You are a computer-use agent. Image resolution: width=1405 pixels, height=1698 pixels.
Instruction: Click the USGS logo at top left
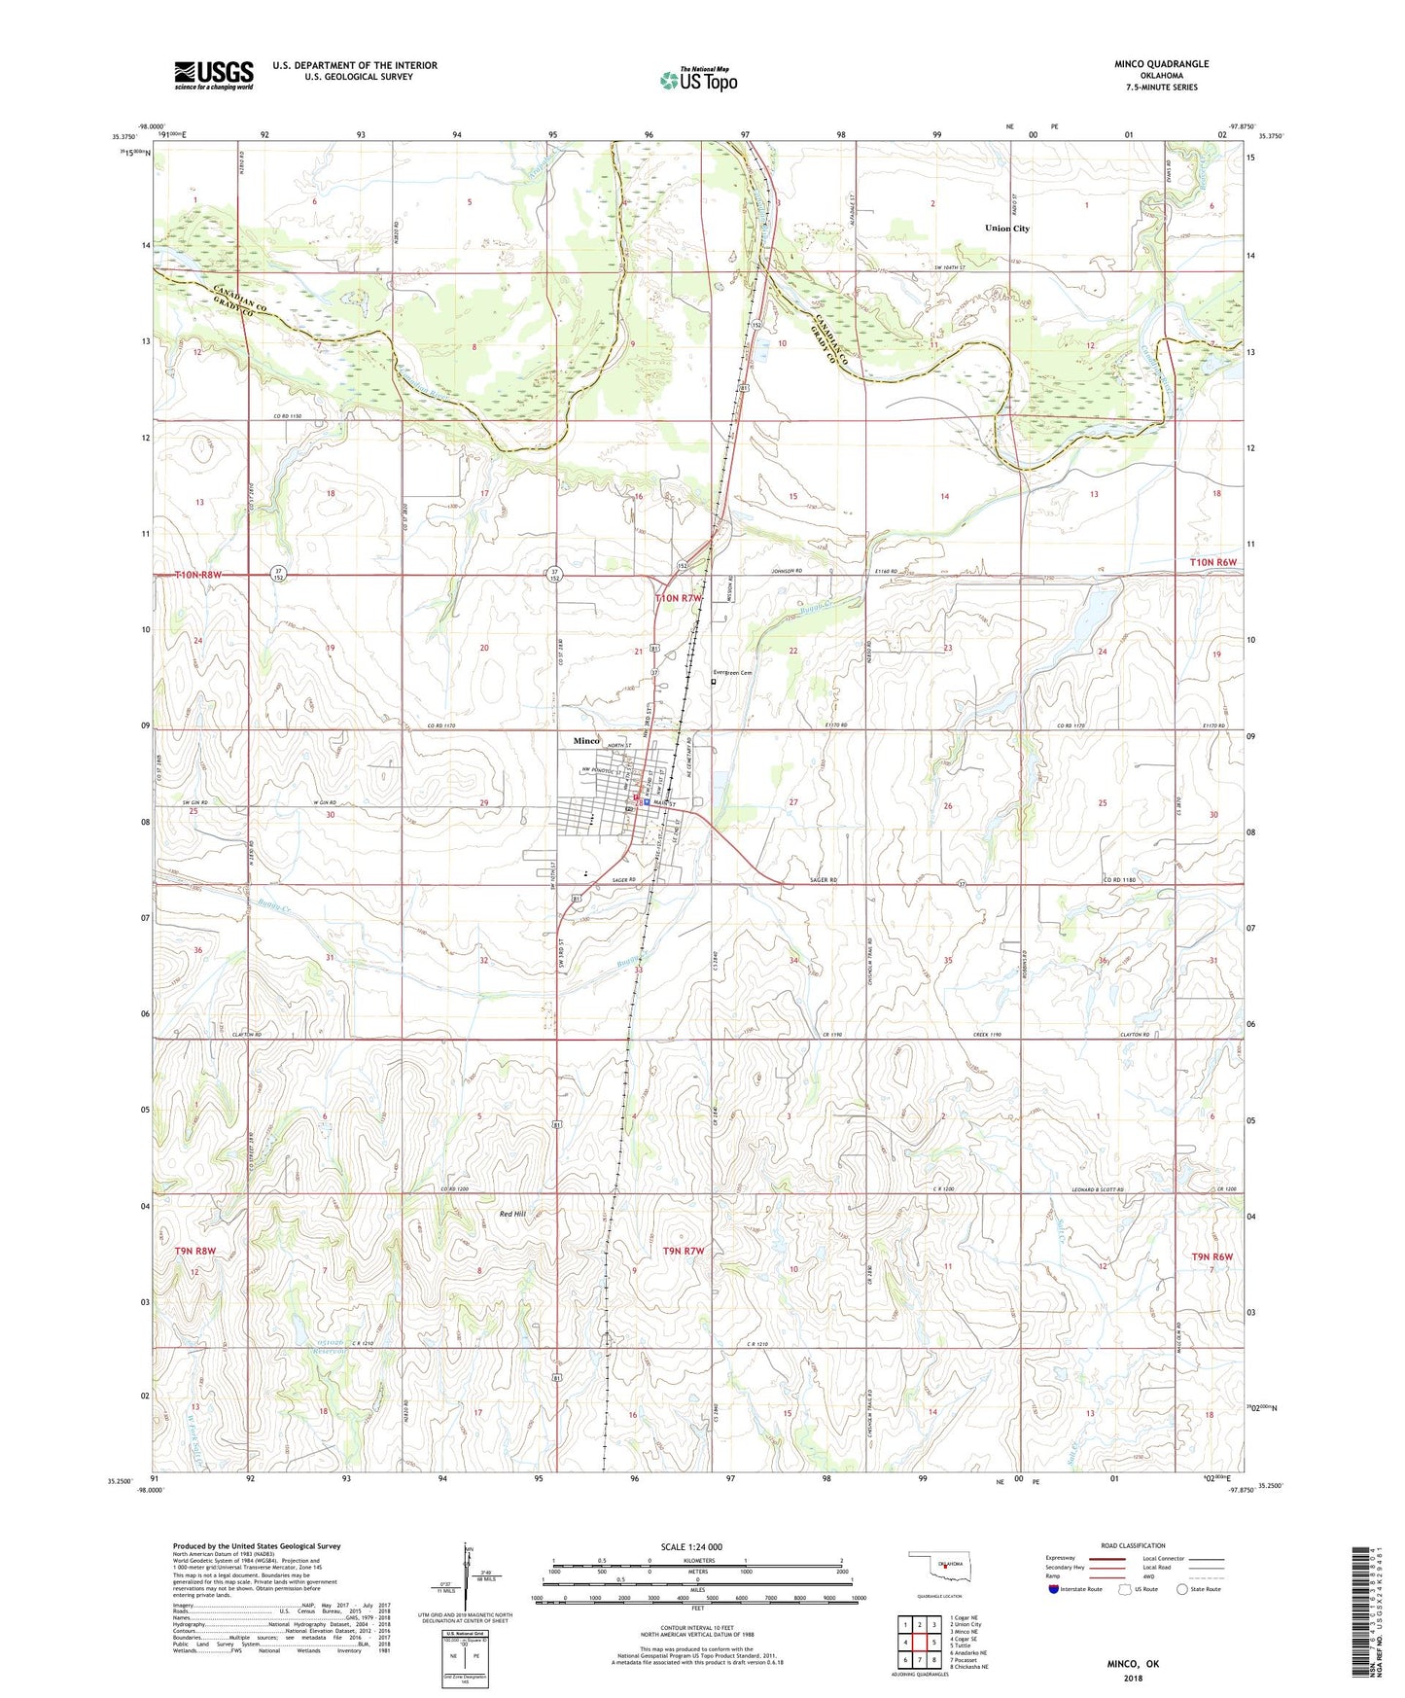pos(214,74)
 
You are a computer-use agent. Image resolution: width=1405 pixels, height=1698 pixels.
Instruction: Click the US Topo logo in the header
pos(698,80)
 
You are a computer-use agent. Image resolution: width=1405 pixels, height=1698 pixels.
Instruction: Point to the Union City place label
pos(1006,229)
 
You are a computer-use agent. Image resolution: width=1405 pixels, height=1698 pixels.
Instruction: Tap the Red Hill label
pos(512,1214)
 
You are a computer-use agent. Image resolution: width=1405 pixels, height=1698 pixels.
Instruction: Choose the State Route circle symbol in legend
pos(1182,1589)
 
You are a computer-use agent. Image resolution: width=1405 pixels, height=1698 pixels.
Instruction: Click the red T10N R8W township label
pos(198,575)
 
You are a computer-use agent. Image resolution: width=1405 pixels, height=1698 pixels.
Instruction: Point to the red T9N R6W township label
pos(1212,1256)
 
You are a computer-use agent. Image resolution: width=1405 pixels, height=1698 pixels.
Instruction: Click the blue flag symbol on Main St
pos(647,803)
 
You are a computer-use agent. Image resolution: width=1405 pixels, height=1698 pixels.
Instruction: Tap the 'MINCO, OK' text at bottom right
pos(1133,1664)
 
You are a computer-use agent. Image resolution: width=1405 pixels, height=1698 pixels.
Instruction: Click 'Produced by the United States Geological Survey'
pos(257,1545)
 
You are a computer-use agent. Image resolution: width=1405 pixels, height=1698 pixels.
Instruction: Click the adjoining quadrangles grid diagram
pos(919,1645)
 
